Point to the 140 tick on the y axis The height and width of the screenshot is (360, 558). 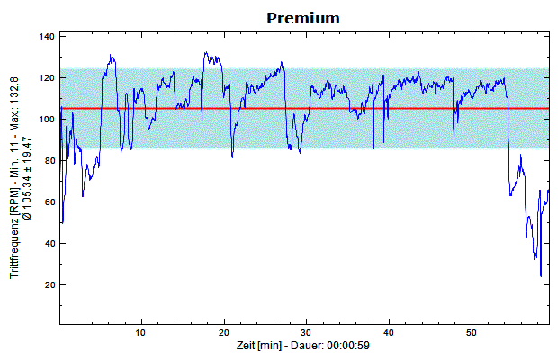pyautogui.click(x=47, y=37)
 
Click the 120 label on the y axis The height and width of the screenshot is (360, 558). pyautogui.click(x=47, y=78)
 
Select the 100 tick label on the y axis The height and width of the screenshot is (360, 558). pyautogui.click(x=47, y=120)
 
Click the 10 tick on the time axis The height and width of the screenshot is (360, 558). pyautogui.click(x=140, y=334)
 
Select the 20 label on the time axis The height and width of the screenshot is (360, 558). pyautogui.click(x=223, y=334)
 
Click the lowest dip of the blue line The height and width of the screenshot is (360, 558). pyautogui.click(x=541, y=275)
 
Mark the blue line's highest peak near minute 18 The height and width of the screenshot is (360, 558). pyautogui.click(x=206, y=52)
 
